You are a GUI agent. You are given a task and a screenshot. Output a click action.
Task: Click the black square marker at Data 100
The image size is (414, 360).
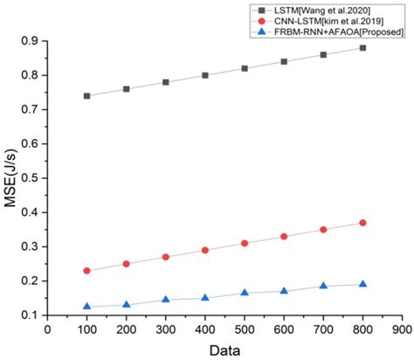click(x=86, y=95)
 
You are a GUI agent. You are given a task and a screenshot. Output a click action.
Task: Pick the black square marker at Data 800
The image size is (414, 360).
click(x=362, y=48)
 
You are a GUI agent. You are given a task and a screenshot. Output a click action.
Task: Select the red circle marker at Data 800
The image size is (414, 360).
click(x=362, y=223)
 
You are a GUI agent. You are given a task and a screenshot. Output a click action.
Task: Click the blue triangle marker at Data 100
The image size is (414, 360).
click(x=86, y=306)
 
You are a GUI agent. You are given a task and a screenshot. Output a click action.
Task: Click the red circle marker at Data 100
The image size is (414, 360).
click(x=86, y=271)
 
